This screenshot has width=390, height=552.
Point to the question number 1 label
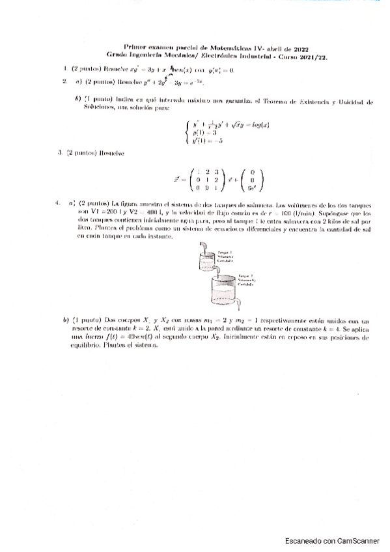(x=64, y=69)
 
